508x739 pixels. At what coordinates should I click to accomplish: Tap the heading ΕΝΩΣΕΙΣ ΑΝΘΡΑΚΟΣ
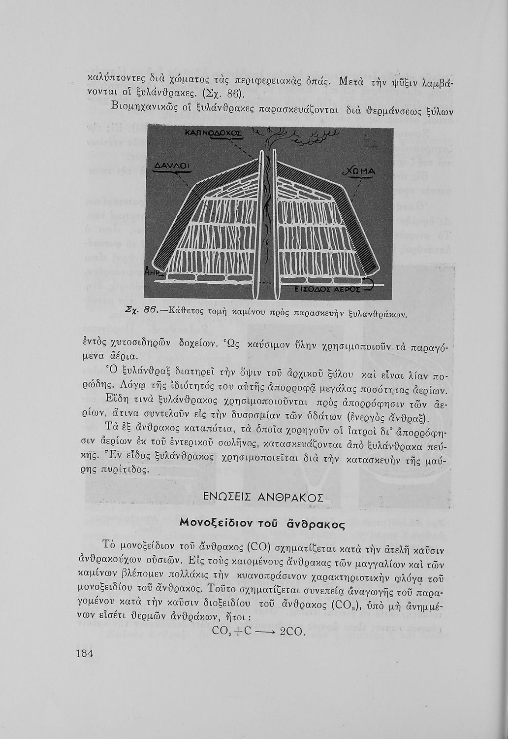click(x=263, y=497)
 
